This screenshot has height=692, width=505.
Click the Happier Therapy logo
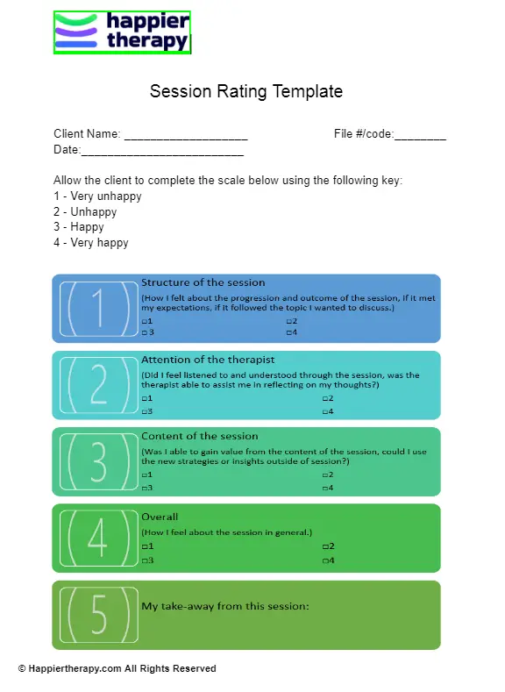pyautogui.click(x=122, y=32)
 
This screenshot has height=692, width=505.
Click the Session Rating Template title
pyautogui.click(x=246, y=91)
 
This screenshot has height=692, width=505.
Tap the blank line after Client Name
pyautogui.click(x=186, y=137)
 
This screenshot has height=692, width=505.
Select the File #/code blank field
pyautogui.click(x=420, y=137)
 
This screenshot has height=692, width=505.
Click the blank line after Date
pyautogui.click(x=162, y=153)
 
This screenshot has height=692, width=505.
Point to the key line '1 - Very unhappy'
pyautogui.click(x=97, y=196)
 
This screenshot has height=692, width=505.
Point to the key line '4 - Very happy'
pyautogui.click(x=91, y=242)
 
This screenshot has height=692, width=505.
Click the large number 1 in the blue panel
pyautogui.click(x=98, y=308)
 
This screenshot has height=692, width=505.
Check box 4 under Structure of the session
pyautogui.click(x=289, y=332)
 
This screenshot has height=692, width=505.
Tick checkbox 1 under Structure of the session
pyautogui.click(x=144, y=322)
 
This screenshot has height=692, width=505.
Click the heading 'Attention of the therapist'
pyautogui.click(x=208, y=360)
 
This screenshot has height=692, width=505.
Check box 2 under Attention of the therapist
pyautogui.click(x=325, y=399)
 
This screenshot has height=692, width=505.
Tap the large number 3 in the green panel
pyautogui.click(x=98, y=461)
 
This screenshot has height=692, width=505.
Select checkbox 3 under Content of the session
pyautogui.click(x=144, y=488)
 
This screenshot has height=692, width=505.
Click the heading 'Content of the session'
pyautogui.click(x=200, y=436)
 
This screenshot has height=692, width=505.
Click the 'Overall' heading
pyautogui.click(x=160, y=517)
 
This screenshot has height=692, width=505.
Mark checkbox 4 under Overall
pyautogui.click(x=325, y=560)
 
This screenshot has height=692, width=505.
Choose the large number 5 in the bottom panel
pyautogui.click(x=98, y=614)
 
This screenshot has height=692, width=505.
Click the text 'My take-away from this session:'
pyautogui.click(x=225, y=605)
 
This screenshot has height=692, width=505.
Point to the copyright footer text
pyautogui.click(x=117, y=668)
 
